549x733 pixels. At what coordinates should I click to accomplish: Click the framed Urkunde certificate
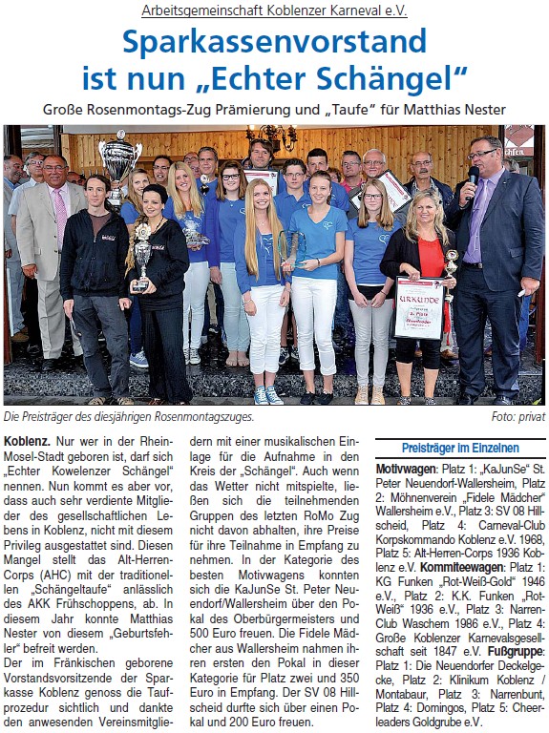[419, 307]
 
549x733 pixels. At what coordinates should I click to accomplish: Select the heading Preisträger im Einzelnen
[460, 447]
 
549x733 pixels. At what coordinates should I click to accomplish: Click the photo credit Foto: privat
[517, 417]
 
